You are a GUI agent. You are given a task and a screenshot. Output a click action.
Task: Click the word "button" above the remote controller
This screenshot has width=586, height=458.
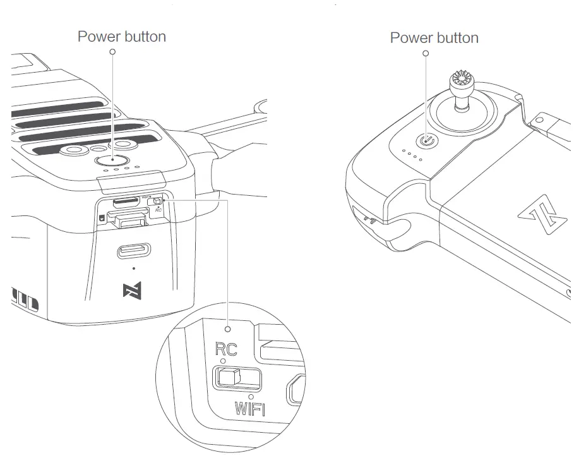point(456,38)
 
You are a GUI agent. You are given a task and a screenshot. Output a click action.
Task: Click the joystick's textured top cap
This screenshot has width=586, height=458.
point(462,81)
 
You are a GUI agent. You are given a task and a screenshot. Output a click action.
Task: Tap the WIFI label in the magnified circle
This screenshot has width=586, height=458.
point(249,409)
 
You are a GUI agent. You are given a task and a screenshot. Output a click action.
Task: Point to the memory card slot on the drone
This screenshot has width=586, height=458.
point(126,203)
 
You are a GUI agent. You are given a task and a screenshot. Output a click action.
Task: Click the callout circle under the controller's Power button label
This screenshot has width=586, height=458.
point(426,54)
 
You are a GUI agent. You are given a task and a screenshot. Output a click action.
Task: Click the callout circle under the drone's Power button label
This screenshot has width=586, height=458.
point(113,52)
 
